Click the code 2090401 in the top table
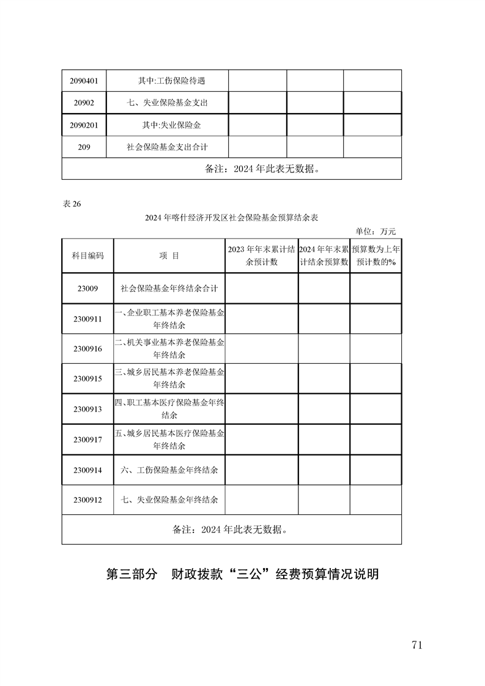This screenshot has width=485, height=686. click(x=84, y=81)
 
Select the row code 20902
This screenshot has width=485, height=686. click(x=84, y=103)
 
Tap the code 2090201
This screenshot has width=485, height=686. click(x=84, y=125)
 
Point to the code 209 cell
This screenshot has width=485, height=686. click(x=84, y=147)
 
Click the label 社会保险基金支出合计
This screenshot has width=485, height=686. click(x=167, y=147)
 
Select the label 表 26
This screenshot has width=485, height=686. click(x=72, y=204)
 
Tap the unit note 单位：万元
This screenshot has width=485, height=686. click(x=376, y=231)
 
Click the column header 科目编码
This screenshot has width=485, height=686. click(x=87, y=256)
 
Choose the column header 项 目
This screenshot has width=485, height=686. click(x=169, y=256)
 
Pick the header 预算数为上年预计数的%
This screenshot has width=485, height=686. click(x=376, y=256)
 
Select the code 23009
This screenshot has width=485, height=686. click(x=87, y=288)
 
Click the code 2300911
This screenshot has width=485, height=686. click(x=87, y=319)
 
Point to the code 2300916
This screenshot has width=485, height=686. click(x=87, y=349)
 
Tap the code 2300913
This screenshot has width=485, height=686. click(x=87, y=409)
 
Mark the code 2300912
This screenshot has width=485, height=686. click(x=87, y=500)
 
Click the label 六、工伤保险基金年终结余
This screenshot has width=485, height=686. click(x=169, y=470)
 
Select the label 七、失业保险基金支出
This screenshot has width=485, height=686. click(x=167, y=103)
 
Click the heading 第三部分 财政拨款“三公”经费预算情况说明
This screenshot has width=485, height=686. click(x=243, y=574)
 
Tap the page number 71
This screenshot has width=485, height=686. click(x=418, y=645)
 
